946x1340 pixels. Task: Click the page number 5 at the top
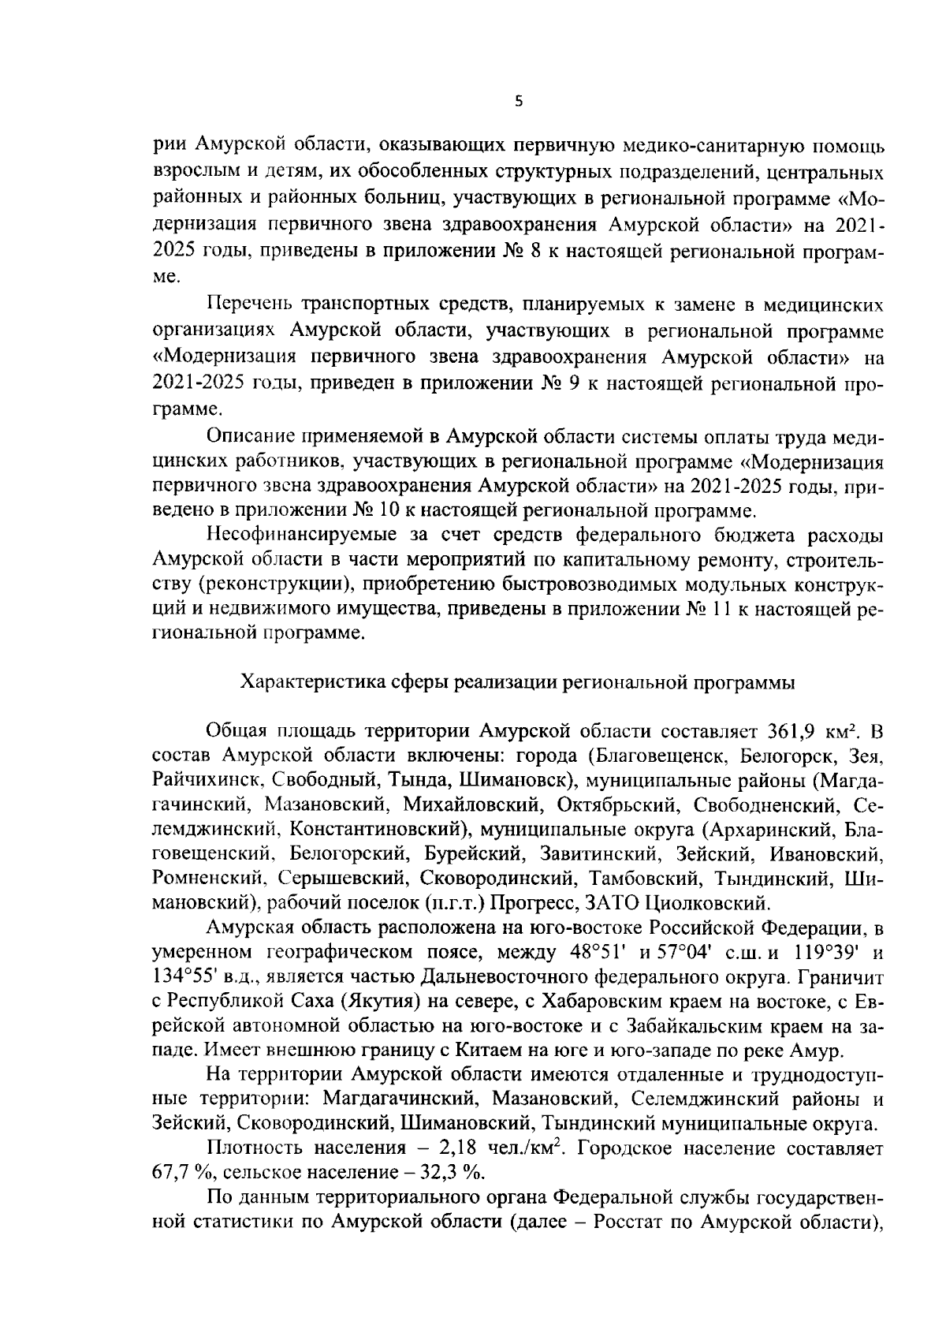pos(518,102)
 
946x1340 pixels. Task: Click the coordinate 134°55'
pos(181,976)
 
